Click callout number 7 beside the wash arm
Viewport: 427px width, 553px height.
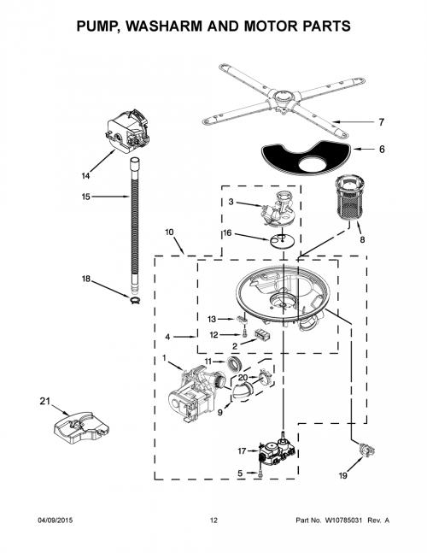pyautogui.click(x=381, y=122)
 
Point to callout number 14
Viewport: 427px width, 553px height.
pyautogui.click(x=85, y=175)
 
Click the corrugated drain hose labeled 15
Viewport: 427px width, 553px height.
pyautogui.click(x=135, y=226)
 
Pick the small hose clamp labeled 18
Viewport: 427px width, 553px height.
pyautogui.click(x=135, y=300)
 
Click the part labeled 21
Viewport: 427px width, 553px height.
pyautogui.click(x=81, y=427)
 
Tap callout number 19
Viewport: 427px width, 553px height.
pyautogui.click(x=342, y=475)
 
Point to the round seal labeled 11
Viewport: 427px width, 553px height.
pyautogui.click(x=232, y=363)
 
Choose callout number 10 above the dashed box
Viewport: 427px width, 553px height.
pyautogui.click(x=169, y=232)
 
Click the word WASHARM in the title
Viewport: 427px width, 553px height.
pyautogui.click(x=165, y=26)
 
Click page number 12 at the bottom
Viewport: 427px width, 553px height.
pyautogui.click(x=213, y=521)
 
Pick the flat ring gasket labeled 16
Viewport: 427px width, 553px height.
pyautogui.click(x=283, y=241)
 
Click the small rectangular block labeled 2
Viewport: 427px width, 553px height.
pyautogui.click(x=263, y=334)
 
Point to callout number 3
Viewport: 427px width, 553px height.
pyautogui.click(x=231, y=202)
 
